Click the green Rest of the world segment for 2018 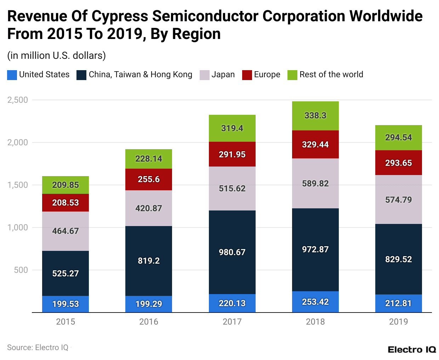(315, 116)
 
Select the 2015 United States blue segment (65, 304)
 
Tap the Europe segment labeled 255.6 (149, 179)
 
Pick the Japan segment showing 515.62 (232, 189)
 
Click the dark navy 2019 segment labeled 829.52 (398, 259)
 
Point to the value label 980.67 (232, 252)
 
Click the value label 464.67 (65, 231)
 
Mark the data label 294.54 (398, 137)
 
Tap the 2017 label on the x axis (232, 322)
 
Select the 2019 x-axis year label (398, 322)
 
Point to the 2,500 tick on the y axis (18, 100)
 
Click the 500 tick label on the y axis (21, 270)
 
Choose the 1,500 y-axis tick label (18, 185)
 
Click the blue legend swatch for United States (12, 75)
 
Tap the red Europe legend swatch (247, 75)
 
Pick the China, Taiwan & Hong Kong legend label (140, 75)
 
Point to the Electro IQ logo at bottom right (412, 350)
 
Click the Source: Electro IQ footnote (38, 348)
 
